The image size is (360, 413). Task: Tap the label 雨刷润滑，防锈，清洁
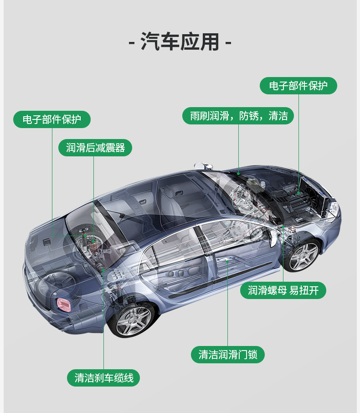click(238, 116)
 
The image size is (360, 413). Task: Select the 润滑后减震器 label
click(95, 148)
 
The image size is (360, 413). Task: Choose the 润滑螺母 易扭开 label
click(283, 290)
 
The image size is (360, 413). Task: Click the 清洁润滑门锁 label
click(227, 354)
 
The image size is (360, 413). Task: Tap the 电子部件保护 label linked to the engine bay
click(298, 86)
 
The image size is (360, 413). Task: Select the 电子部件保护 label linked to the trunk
click(52, 119)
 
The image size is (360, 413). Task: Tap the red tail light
click(62, 303)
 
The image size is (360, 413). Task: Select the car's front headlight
click(334, 209)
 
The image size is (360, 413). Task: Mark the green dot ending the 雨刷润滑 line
click(238, 174)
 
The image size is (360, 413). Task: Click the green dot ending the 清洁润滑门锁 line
click(227, 262)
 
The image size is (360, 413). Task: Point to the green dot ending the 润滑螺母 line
click(283, 227)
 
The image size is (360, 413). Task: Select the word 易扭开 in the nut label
click(304, 290)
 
